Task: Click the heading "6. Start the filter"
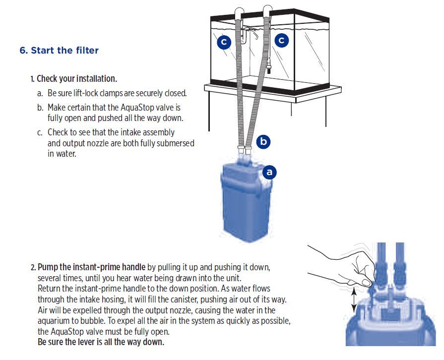[59, 51]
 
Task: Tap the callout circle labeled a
[269, 172]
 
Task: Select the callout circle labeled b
[263, 141]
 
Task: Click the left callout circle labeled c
[224, 42]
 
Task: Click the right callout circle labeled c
[281, 40]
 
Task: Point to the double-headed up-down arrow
[354, 300]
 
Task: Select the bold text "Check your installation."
[77, 79]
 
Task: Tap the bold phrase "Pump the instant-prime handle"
[91, 267]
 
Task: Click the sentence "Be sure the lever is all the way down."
[101, 342]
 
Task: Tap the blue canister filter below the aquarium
[246, 201]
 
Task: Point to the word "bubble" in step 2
[88, 321]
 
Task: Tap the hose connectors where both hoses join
[245, 149]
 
